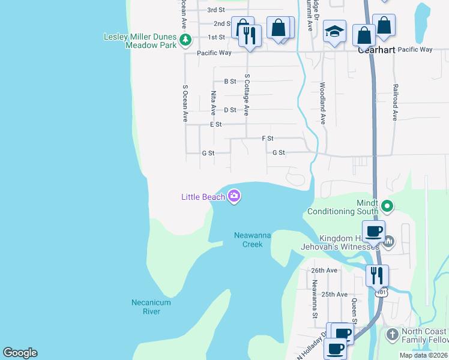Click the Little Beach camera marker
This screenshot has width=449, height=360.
234,196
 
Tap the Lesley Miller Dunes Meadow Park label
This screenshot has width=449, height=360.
141,41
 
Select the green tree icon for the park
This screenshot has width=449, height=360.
186,40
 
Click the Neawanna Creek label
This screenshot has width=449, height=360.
252,240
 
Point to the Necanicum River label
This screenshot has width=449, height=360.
151,307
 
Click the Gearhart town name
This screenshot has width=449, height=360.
376,50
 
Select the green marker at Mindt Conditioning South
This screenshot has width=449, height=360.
387,207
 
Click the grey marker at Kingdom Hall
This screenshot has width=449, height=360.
388,242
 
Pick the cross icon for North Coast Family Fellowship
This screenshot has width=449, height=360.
392,334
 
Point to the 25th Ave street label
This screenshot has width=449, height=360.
335,295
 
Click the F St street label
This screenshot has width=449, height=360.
268,139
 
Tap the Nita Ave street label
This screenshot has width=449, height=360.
213,103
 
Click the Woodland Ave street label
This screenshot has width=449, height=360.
322,103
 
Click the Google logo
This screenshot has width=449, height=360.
20,353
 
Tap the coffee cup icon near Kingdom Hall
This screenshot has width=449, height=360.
373,230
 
